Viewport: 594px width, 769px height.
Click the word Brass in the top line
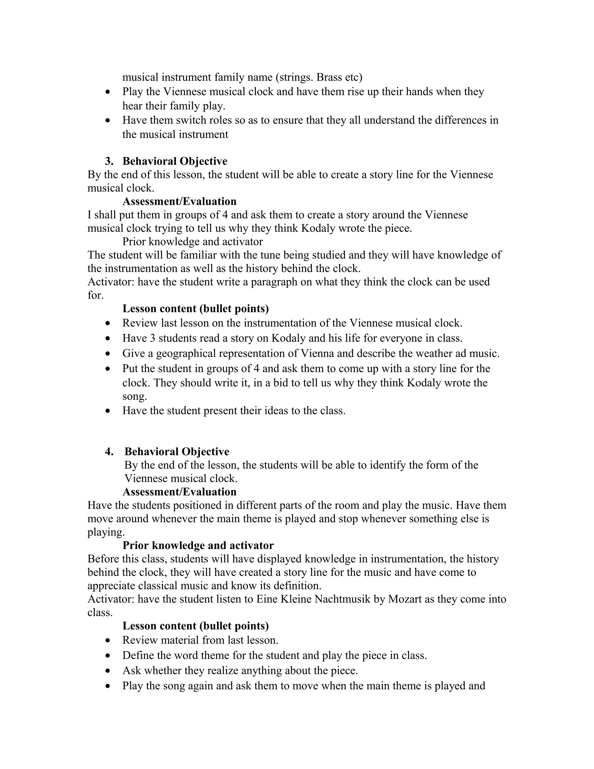click(332, 77)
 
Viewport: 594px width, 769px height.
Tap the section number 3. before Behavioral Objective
click(109, 161)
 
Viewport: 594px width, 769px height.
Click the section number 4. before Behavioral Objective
click(109, 452)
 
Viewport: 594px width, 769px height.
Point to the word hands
click(419, 91)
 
